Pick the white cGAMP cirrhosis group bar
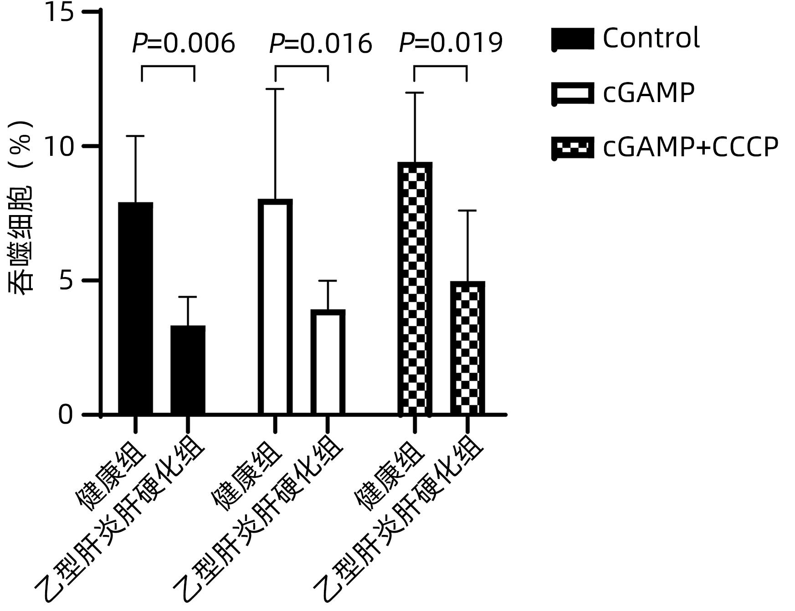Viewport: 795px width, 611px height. pyautogui.click(x=328, y=362)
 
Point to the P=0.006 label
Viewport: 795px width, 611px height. pyautogui.click(x=183, y=44)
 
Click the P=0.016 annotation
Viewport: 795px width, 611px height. pyautogui.click(x=321, y=44)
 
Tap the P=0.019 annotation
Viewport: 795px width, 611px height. pyautogui.click(x=451, y=43)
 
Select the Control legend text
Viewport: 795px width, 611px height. pyautogui.click(x=651, y=38)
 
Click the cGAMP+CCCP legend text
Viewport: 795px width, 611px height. pyautogui.click(x=690, y=147)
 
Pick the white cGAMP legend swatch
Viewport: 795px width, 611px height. pyautogui.click(x=573, y=93)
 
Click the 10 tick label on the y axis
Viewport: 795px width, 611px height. pyautogui.click(x=59, y=147)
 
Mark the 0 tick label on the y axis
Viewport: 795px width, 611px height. pyautogui.click(x=66, y=415)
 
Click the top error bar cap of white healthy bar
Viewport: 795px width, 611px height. pyautogui.click(x=275, y=89)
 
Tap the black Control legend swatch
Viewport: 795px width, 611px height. pyautogui.click(x=573, y=39)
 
